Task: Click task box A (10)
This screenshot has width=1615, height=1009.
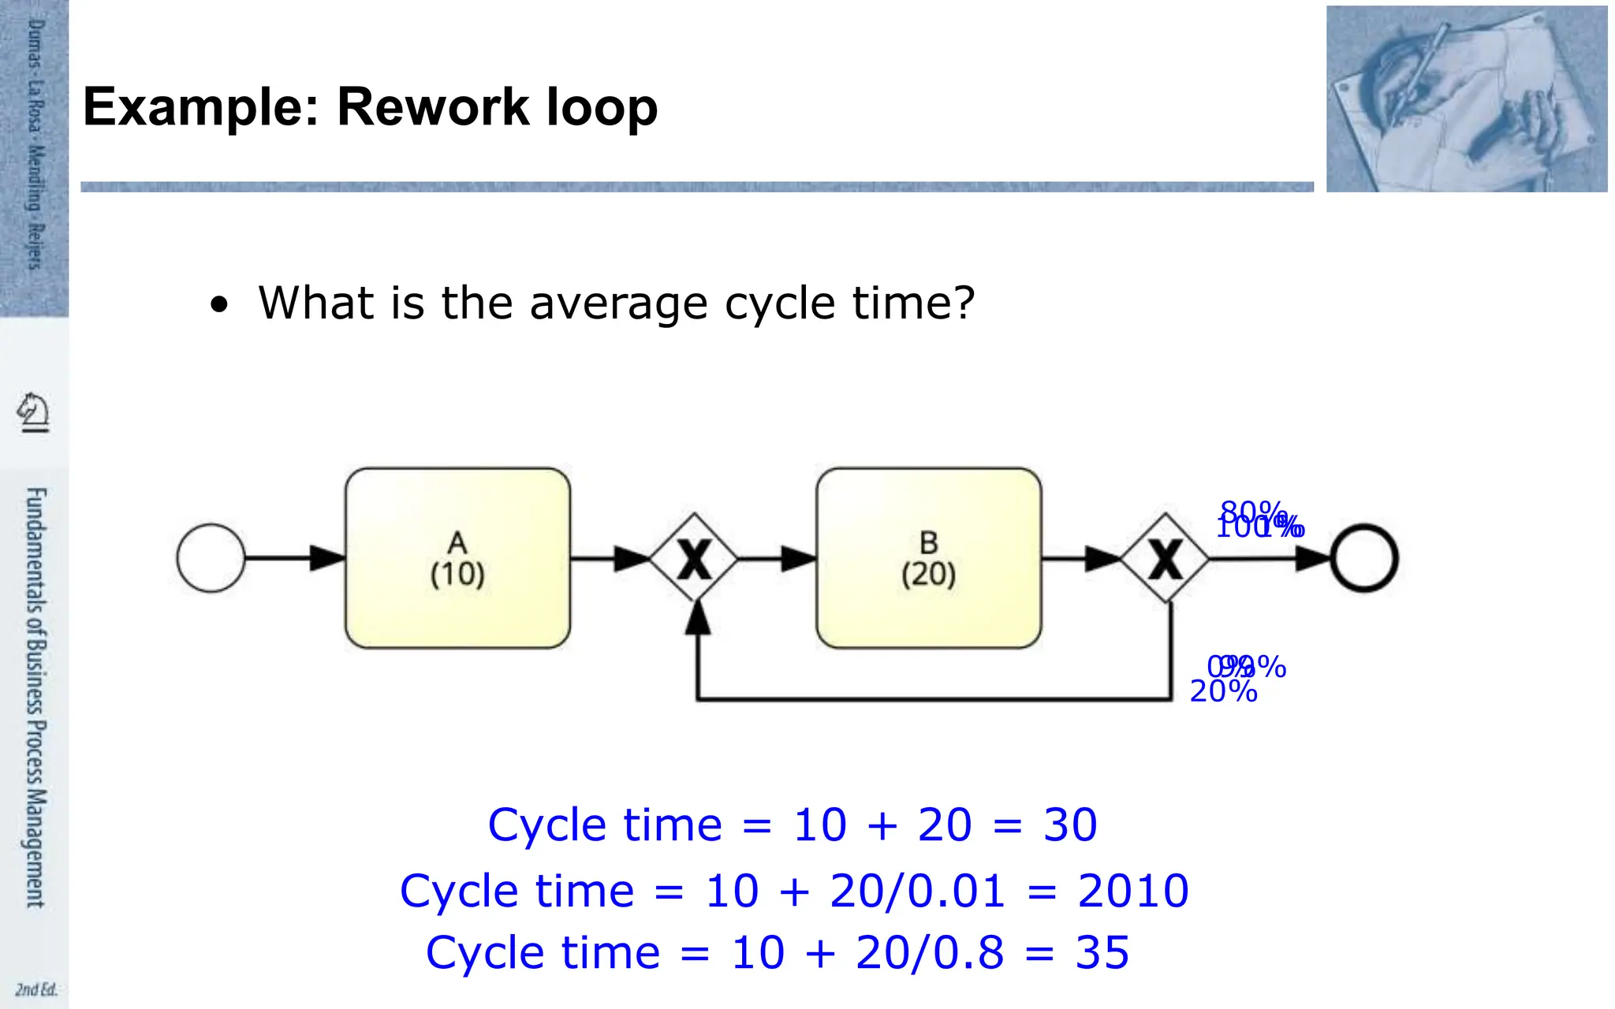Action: click(x=457, y=558)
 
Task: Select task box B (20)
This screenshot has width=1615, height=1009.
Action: click(x=928, y=558)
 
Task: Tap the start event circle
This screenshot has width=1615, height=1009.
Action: click(x=211, y=558)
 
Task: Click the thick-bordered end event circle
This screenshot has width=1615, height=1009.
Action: click(x=1364, y=558)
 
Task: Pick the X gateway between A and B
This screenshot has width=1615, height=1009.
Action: click(x=694, y=558)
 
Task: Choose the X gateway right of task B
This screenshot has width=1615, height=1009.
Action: click(x=1165, y=558)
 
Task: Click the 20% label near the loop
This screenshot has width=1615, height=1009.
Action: click(x=1223, y=691)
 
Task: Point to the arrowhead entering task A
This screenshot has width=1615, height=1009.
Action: click(x=326, y=558)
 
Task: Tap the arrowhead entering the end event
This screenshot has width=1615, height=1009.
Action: click(x=1313, y=558)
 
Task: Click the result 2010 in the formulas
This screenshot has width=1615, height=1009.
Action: click(x=1132, y=891)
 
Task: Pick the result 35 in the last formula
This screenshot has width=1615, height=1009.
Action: click(x=1102, y=952)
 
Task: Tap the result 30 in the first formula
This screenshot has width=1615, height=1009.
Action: click(x=1069, y=825)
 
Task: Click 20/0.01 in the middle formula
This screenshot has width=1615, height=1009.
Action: click(x=917, y=891)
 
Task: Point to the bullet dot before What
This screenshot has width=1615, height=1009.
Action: click(x=219, y=304)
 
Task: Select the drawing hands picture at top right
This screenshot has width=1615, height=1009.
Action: click(x=1466, y=99)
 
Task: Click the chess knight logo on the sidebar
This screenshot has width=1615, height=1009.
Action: click(x=33, y=411)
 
